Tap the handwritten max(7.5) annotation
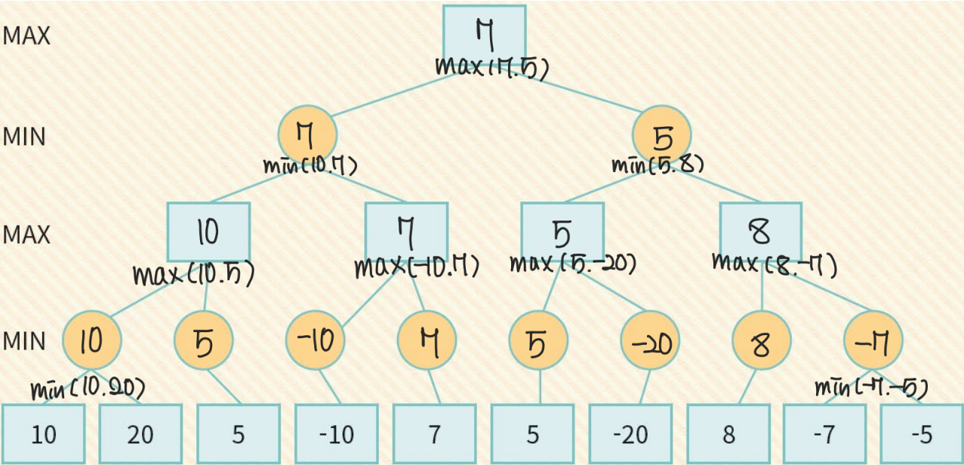(491, 66)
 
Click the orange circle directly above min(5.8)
(661, 134)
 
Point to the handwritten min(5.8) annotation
(658, 164)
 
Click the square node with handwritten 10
(208, 232)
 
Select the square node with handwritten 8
(760, 232)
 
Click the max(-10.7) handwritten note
(416, 266)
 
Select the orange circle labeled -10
(315, 342)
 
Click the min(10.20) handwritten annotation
(88, 390)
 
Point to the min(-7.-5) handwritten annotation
(870, 388)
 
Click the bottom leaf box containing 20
(140, 434)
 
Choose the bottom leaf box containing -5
(921, 434)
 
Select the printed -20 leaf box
(630, 434)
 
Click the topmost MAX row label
(26, 35)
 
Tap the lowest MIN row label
(24, 340)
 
